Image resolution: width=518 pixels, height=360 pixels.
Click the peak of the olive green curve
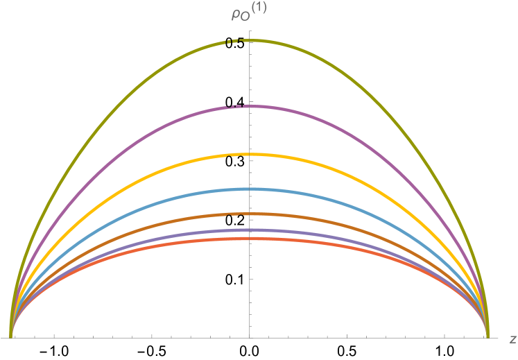click(250, 40)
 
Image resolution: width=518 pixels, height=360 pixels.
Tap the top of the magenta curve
click(250, 106)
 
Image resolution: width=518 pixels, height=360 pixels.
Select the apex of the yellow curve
click(250, 154)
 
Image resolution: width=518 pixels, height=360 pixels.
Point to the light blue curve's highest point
click(250, 189)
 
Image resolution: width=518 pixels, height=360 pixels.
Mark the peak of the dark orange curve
click(250, 214)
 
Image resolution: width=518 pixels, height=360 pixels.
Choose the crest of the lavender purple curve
click(250, 230)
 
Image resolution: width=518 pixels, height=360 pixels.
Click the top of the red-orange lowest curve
click(250, 239)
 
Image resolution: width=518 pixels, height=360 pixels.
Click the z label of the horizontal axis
click(512, 338)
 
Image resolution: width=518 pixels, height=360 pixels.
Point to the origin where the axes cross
click(250, 338)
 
